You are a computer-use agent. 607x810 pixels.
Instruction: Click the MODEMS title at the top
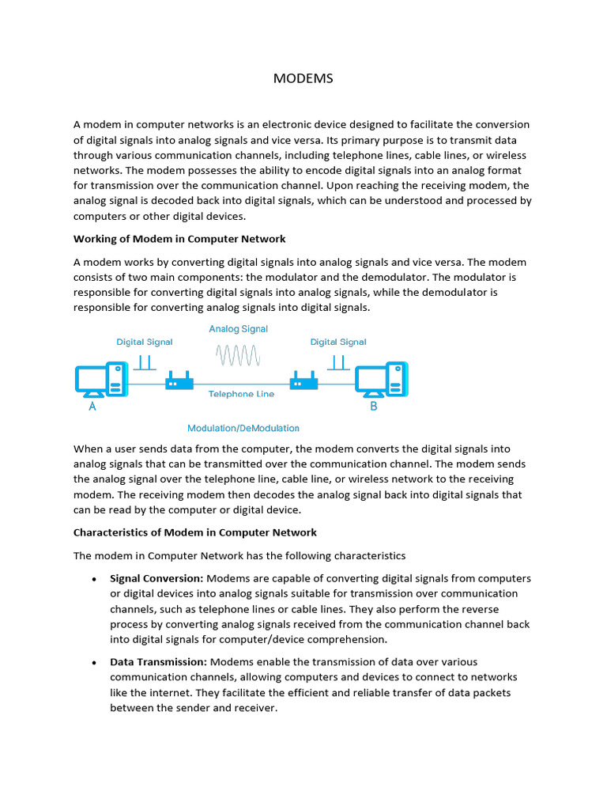point(303,78)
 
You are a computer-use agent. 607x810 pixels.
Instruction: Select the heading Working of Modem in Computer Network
point(179,239)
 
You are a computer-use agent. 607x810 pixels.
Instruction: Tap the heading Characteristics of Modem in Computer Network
point(195,532)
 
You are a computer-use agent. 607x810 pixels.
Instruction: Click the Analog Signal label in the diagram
point(238,329)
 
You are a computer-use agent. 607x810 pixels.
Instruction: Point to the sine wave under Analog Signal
point(238,356)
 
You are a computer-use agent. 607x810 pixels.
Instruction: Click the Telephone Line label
point(241,394)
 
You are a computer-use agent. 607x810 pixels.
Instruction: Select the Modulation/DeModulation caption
point(243,428)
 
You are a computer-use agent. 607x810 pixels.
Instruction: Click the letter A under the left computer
point(92,407)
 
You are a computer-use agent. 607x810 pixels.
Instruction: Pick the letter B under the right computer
point(374,407)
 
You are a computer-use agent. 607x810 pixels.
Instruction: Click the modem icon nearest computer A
point(179,382)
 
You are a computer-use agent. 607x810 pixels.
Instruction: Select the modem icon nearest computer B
point(304,382)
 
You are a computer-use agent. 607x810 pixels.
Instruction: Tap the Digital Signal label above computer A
point(145,343)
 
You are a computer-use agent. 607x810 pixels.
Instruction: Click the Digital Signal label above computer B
point(338,343)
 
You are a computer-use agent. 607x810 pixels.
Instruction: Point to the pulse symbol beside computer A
point(145,362)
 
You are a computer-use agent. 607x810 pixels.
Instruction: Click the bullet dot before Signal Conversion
point(93,579)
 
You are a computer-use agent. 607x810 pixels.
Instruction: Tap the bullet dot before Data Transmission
point(93,663)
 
